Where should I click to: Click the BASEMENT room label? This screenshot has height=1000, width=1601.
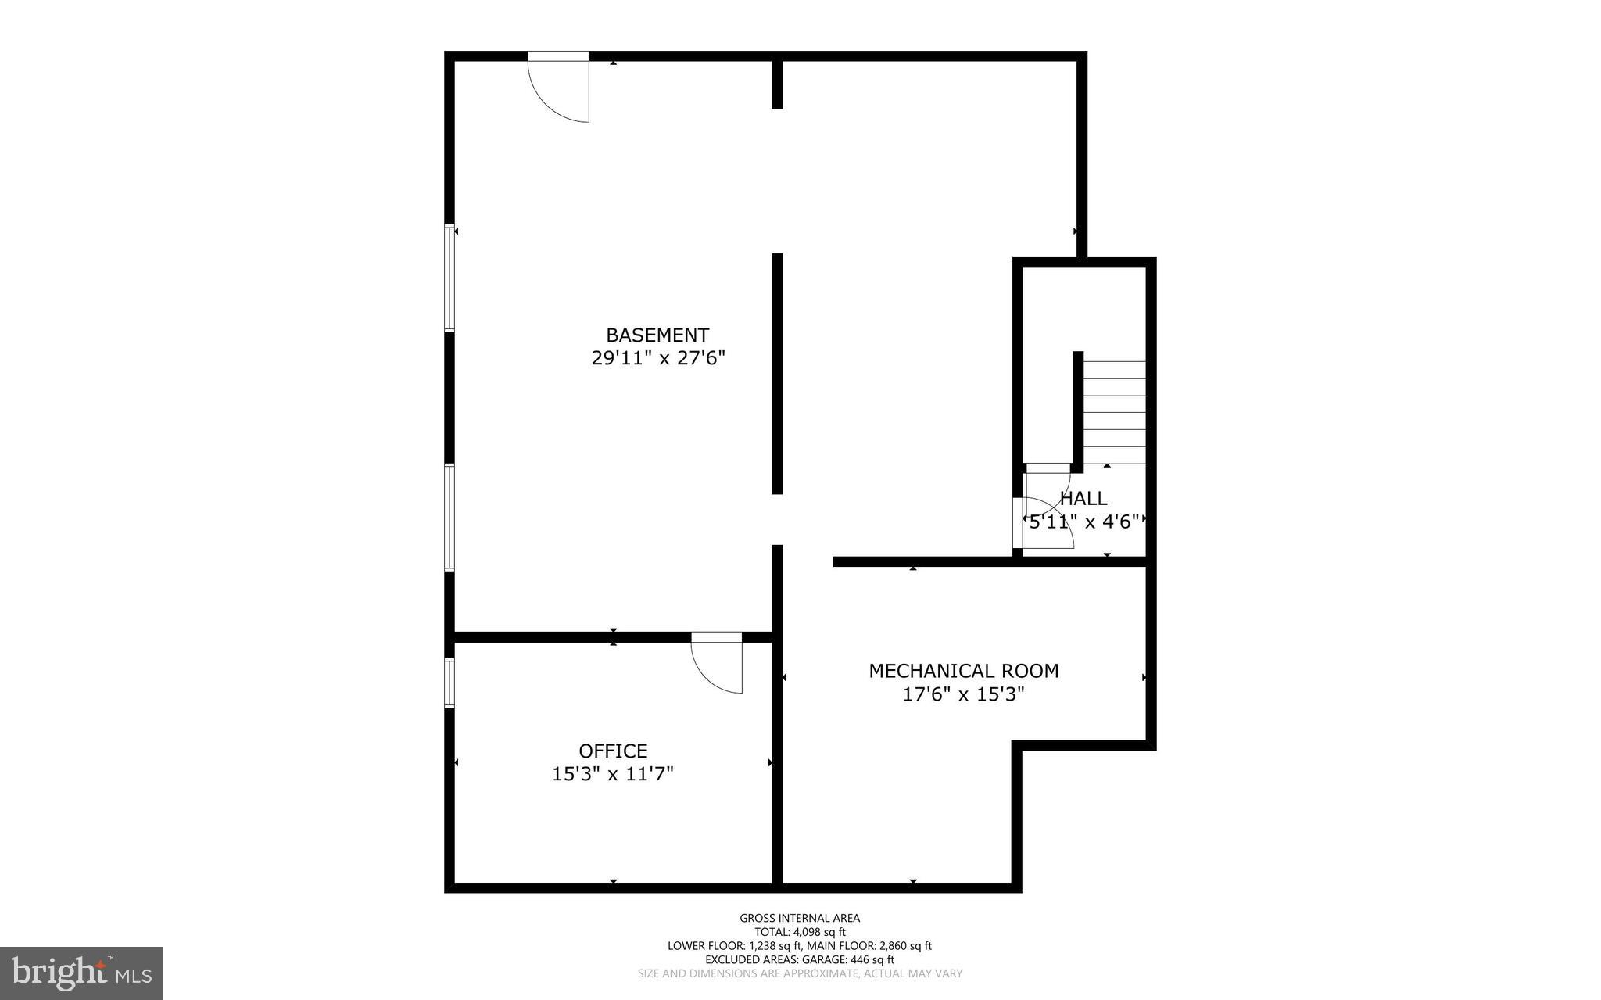coord(657,335)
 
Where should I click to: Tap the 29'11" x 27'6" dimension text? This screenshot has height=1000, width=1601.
coord(658,358)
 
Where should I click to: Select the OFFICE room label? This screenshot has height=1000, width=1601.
coord(613,751)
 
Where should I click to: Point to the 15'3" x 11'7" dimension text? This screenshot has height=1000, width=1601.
coord(613,774)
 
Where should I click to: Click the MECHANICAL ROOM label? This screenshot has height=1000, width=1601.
coord(964,671)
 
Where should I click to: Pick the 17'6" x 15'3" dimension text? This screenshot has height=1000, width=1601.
coord(963,694)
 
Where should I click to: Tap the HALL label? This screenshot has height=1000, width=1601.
coord(1083,498)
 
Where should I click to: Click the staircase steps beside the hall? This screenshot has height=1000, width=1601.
coord(1114,412)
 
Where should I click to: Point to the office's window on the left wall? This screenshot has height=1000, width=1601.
coord(449,683)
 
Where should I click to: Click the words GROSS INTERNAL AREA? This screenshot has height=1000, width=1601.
coord(800,918)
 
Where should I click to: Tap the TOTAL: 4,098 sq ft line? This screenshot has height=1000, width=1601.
coord(800,932)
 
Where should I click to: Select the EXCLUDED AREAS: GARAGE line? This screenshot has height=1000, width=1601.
coord(800,959)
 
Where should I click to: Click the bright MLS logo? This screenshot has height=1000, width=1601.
coord(81,973)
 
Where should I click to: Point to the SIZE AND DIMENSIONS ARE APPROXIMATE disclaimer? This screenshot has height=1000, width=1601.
coord(800,973)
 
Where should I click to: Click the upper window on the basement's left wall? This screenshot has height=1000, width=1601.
coord(449,278)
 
